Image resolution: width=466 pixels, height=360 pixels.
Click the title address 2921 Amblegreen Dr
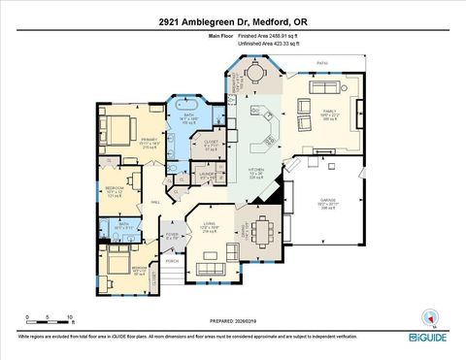coord(233,20)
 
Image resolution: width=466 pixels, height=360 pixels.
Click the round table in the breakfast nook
coord(252,73)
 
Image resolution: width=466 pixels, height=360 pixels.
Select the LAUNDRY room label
coord(207,176)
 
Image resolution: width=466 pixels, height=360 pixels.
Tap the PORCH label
coord(172,261)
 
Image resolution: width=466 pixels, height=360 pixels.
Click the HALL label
coord(155,201)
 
